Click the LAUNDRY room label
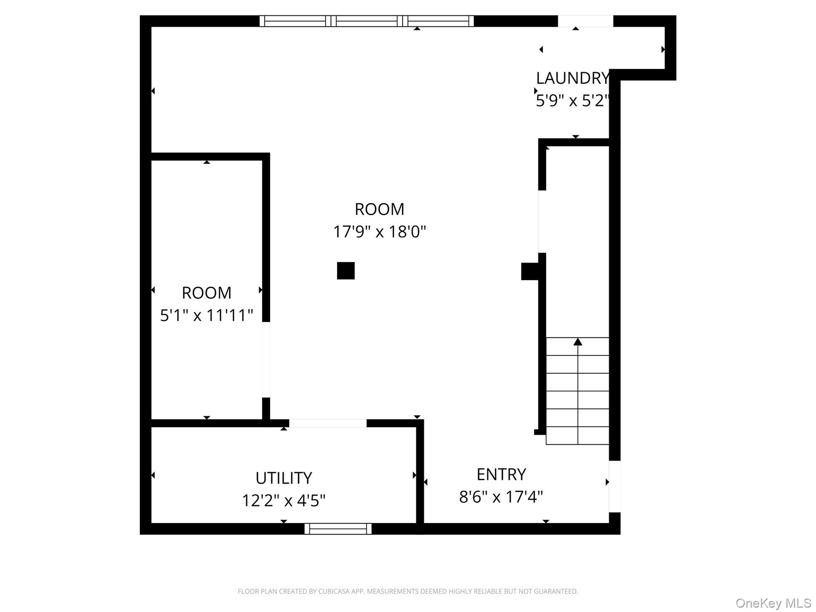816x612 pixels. point(572,78)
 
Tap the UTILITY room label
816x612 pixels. point(283,478)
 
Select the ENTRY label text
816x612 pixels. point(501,474)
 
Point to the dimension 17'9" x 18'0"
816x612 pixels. point(379,232)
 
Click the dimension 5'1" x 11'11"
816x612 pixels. point(207,315)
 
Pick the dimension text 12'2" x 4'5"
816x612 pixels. point(283,501)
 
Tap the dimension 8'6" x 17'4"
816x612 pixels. point(501,497)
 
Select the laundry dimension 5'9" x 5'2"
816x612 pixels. point(572,101)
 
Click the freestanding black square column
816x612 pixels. point(346,271)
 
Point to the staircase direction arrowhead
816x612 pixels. point(578,342)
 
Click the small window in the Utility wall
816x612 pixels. point(338,529)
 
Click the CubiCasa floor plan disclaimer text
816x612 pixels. point(408,591)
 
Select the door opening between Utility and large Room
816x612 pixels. point(328,423)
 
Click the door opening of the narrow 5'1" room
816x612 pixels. point(266,360)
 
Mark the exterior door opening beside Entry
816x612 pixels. point(615,487)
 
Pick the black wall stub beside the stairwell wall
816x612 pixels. point(530,272)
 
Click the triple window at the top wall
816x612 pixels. point(367,21)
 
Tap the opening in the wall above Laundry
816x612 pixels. point(585,21)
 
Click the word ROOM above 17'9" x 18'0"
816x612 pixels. point(379,209)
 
